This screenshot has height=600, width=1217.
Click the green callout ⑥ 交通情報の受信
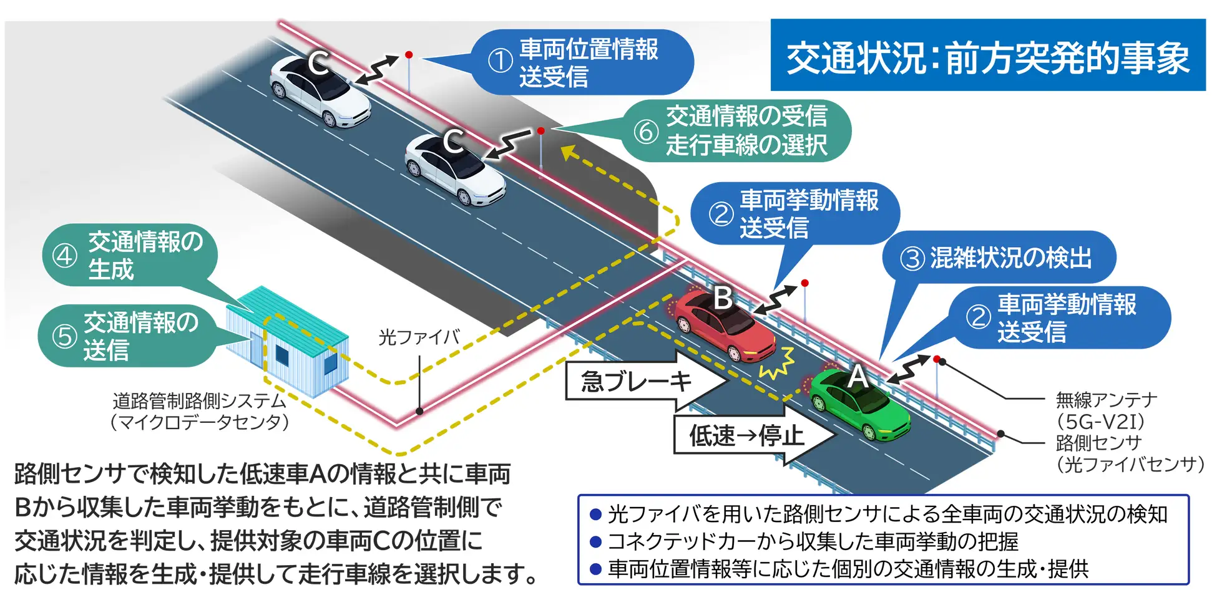click(736, 131)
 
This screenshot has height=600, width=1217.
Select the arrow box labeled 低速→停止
click(746, 435)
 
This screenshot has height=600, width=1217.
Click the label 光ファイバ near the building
click(419, 337)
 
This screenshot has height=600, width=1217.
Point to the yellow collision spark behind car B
click(777, 365)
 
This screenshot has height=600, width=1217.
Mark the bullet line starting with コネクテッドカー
click(805, 541)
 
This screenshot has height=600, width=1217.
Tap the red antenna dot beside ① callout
click(409, 55)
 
